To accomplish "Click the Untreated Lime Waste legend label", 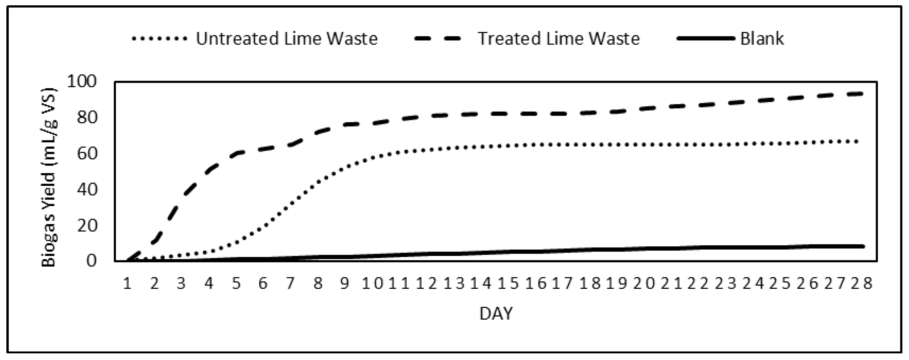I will [286, 38].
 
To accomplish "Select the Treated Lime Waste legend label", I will [559, 38].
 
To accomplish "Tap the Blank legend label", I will [762, 38].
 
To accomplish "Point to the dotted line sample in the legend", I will [159, 38].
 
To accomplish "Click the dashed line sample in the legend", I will [438, 38].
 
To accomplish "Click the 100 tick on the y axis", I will [81, 81].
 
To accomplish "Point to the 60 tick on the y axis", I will [86, 154].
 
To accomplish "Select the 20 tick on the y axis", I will [86, 225].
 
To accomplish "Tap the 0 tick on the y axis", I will [91, 261].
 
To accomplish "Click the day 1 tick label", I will [127, 283].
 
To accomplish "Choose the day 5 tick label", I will [236, 283].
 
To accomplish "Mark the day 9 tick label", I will [345, 283].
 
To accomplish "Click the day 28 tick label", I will [861, 283].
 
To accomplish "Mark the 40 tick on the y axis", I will [86, 189].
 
